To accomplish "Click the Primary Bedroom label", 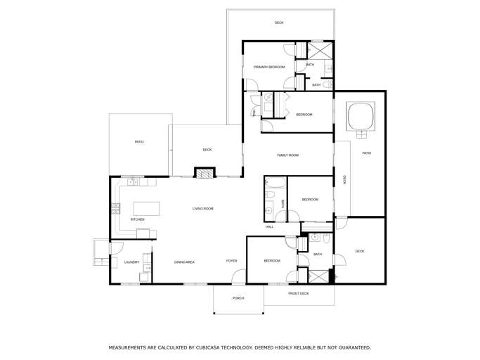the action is click(269, 67).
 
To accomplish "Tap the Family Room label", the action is click(287, 155).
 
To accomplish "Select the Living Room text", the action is click(202, 209).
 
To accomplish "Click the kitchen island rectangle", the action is click(147, 209).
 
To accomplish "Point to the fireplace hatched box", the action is click(205, 173).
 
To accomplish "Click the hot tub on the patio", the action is click(361, 116).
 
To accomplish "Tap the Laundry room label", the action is click(131, 262).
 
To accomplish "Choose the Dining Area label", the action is click(184, 262).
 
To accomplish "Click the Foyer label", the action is click(231, 261).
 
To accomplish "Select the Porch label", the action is click(238, 298).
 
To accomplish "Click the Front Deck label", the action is click(299, 293).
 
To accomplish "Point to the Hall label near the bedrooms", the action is click(269, 226).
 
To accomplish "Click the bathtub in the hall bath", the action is click(275, 183).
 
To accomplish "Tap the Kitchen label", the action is click(138, 219).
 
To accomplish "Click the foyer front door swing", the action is click(238, 276).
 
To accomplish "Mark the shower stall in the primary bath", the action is click(320, 50).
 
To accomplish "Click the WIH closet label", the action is click(254, 113).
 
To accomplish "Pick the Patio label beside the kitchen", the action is click(139, 142).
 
